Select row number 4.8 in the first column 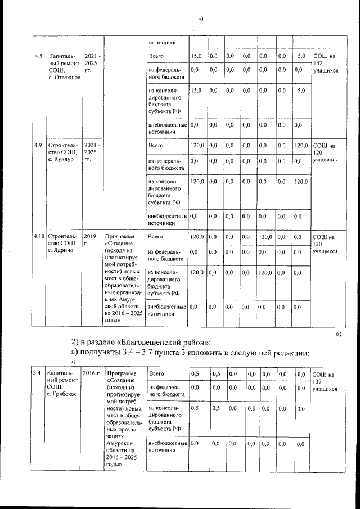click(38, 57)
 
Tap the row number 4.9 click(38, 146)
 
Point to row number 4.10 click(39, 236)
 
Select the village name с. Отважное click(64, 78)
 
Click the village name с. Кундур click(62, 160)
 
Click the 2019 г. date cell click(91, 240)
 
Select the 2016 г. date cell click(92, 373)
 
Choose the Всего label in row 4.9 click(156, 146)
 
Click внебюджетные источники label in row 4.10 click(166, 311)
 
